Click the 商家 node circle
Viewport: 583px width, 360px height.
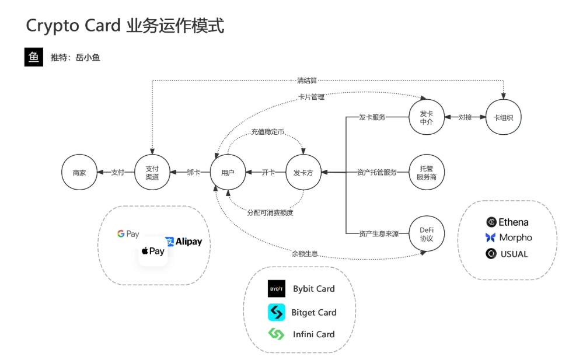click(79, 172)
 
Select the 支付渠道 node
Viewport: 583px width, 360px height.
click(152, 172)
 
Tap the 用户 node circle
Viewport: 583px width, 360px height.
click(228, 172)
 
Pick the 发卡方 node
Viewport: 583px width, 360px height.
click(303, 172)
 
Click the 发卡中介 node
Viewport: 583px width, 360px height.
click(427, 117)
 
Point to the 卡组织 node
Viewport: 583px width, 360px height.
click(503, 117)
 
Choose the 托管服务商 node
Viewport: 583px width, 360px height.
click(427, 172)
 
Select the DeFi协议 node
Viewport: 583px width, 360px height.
click(427, 233)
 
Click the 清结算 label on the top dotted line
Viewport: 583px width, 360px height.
click(306, 81)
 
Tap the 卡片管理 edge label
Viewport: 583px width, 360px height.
click(311, 97)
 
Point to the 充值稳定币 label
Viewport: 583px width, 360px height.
click(268, 133)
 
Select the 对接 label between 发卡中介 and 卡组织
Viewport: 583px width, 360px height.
click(465, 117)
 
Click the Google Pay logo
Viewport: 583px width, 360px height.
click(128, 234)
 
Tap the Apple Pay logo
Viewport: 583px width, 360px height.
click(153, 251)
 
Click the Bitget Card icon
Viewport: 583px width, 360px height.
click(276, 312)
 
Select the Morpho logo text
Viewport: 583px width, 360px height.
click(515, 237)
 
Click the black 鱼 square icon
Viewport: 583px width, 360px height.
click(33, 57)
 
